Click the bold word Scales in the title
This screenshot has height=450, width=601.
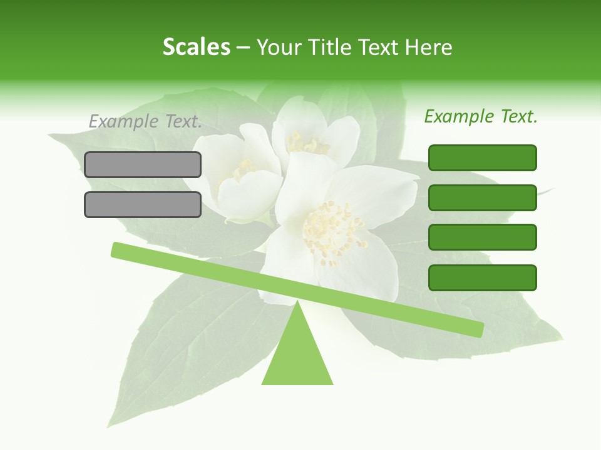coord(196,47)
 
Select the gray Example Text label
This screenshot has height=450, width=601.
coord(145,121)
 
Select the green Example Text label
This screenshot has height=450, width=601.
coord(481,116)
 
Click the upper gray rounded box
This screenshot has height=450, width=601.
coord(143,164)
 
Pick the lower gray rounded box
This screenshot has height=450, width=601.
coord(143,204)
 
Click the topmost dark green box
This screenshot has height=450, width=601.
coord(483,157)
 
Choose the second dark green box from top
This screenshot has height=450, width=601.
coord(483,197)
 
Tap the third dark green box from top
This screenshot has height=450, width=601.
coord(483,237)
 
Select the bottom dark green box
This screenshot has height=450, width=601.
coord(483,277)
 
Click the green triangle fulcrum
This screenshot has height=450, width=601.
coord(297,356)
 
